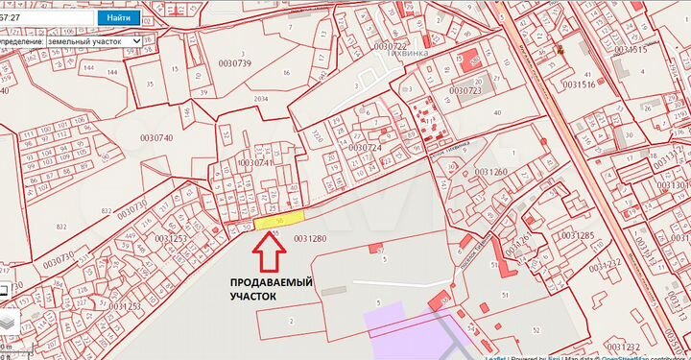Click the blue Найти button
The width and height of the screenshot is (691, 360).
(119, 17)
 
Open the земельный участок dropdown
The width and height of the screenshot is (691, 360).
(94, 41)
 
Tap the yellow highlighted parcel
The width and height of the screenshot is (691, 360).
(279, 221)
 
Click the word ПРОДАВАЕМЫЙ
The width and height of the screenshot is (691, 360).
(274, 283)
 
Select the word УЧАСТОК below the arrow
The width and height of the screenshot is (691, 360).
(252, 298)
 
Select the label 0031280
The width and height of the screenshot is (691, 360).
(311, 237)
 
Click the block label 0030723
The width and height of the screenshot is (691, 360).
(465, 90)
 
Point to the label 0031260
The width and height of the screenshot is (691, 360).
(490, 173)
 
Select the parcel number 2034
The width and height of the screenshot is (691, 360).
(261, 99)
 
